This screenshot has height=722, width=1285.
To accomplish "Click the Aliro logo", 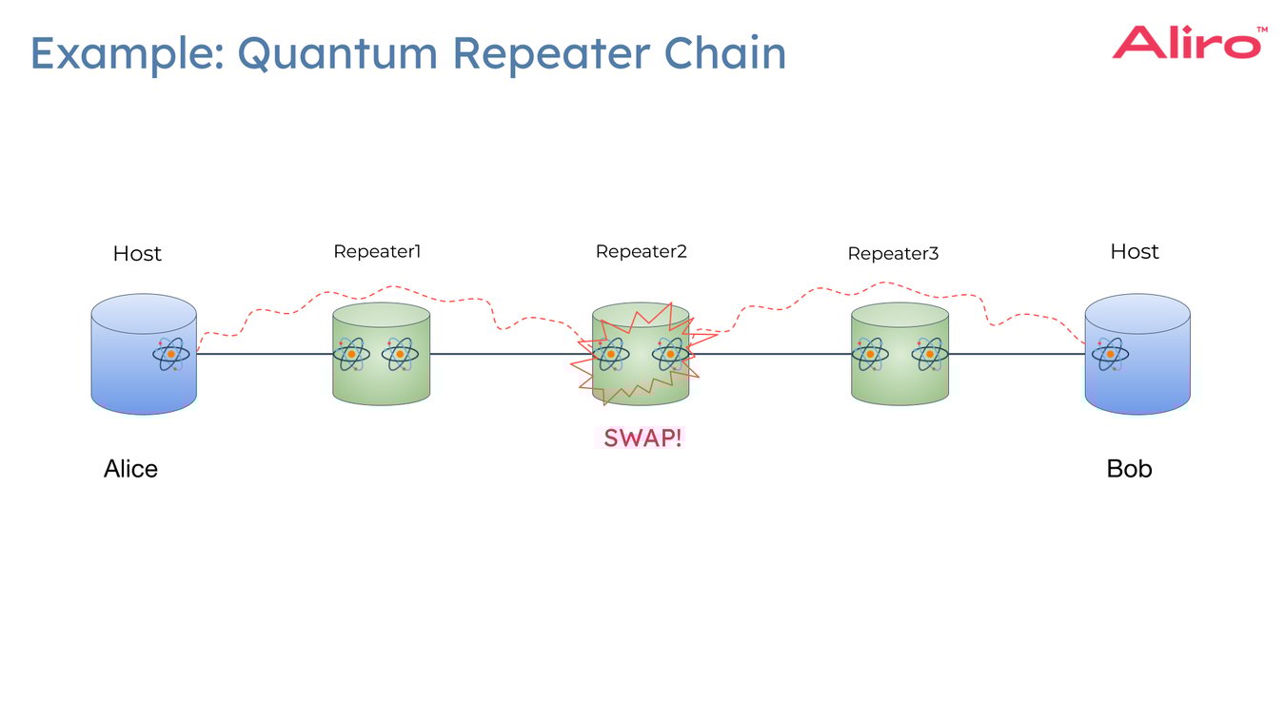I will (x=1188, y=43).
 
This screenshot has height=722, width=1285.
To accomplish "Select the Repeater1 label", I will (x=377, y=252).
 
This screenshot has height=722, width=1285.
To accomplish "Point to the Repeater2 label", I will (x=641, y=252).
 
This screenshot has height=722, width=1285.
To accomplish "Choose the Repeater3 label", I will (x=893, y=254).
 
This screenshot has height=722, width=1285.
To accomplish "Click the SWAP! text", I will (x=642, y=439).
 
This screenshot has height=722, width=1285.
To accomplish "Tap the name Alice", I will (x=130, y=469).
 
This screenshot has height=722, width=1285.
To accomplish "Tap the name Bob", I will (x=1129, y=469).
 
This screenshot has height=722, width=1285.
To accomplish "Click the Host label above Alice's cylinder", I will (x=137, y=254).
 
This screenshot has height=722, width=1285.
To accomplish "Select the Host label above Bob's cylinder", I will (x=1135, y=252).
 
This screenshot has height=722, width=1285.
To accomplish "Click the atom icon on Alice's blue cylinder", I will (x=171, y=355).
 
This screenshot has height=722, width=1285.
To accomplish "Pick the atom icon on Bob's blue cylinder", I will (x=1109, y=355).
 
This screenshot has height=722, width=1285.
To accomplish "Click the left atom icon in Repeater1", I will (x=351, y=354).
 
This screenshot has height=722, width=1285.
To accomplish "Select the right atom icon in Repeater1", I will (x=400, y=354).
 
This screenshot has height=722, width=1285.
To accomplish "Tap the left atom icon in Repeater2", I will (x=609, y=355).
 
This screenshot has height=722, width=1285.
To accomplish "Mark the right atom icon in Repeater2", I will (x=670, y=354).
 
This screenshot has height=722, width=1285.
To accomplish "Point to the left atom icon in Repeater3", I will (x=870, y=355).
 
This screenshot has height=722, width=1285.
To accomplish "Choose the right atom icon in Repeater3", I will (x=929, y=355).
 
